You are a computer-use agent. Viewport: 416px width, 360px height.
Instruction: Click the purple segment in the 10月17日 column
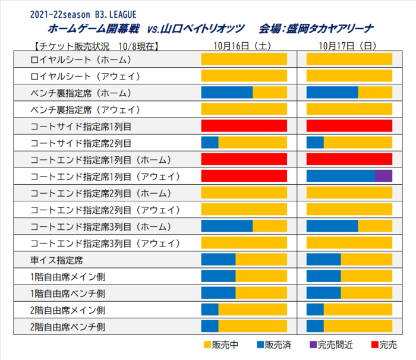pyautogui.click(x=384, y=176)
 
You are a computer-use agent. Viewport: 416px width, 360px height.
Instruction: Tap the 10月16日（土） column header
pyautogui.click(x=244, y=45)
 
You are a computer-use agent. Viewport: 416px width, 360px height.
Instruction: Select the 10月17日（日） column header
pyautogui.click(x=349, y=45)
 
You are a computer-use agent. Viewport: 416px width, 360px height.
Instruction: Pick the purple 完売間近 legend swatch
pyautogui.click(x=313, y=345)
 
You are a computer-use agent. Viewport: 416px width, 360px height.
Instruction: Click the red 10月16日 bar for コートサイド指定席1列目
pyautogui.click(x=244, y=126)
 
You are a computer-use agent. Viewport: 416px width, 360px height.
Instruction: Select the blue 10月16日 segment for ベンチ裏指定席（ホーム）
pyautogui.click(x=227, y=93)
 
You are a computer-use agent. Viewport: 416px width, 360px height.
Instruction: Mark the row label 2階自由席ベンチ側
pyautogui.click(x=68, y=327)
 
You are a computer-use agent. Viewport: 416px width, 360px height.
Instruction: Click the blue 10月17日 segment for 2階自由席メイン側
pyautogui.click(x=315, y=310)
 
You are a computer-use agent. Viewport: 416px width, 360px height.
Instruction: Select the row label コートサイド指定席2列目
pyautogui.click(x=81, y=143)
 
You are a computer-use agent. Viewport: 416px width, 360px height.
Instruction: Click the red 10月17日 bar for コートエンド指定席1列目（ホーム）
pyautogui.click(x=349, y=159)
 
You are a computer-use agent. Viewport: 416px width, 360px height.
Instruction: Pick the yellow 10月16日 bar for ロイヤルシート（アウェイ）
pyautogui.click(x=244, y=75)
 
